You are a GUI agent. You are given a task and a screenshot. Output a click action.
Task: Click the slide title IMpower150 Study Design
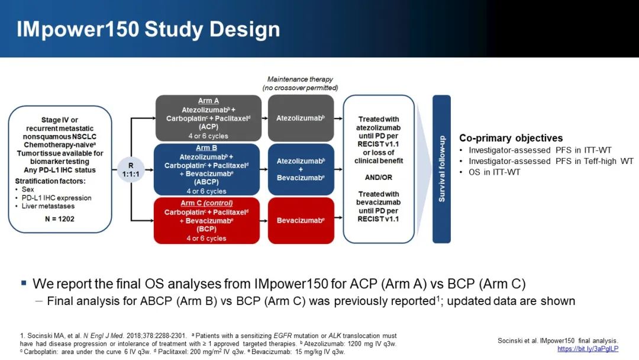click(148, 30)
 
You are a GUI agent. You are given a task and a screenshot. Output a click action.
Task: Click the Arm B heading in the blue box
click(206, 148)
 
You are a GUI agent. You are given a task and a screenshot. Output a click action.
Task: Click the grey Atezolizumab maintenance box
click(301, 118)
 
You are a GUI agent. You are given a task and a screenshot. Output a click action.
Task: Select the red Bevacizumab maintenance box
click(301, 221)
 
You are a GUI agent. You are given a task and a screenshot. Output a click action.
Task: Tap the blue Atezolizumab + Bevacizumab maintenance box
click(301, 169)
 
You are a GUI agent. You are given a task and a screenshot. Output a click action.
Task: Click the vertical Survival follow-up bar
click(441, 169)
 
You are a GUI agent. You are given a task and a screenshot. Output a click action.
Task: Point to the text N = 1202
click(59, 218)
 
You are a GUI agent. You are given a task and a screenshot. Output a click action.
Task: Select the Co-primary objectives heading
click(511, 138)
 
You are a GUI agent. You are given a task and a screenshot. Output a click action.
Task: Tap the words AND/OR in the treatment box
click(379, 177)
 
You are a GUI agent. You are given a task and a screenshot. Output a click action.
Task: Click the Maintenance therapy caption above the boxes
click(300, 79)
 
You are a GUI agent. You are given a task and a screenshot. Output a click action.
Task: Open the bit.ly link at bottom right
click(588, 349)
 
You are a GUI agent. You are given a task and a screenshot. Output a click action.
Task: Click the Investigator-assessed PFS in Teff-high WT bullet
click(551, 161)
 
